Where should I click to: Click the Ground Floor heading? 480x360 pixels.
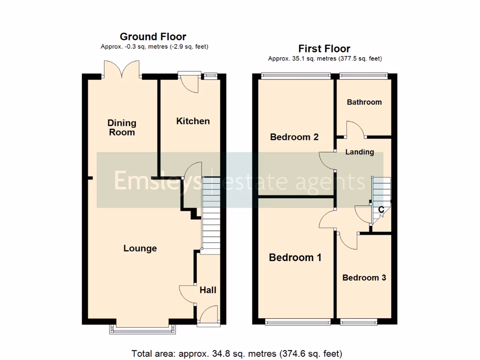pos(153,37)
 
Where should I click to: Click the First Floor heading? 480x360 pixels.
pos(324,48)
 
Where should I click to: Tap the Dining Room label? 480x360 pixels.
pos(122,127)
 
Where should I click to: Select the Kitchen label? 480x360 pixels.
pos(193,121)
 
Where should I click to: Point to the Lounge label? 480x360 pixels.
pos(140,248)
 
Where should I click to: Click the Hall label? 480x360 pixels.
pos(208,290)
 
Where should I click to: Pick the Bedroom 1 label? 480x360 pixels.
pos(295,257)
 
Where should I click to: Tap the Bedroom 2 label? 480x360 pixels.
pos(294,137)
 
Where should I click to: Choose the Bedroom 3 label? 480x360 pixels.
pos(364,277)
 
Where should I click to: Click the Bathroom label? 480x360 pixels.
pos(364,102)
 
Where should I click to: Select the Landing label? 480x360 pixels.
pos(360,152)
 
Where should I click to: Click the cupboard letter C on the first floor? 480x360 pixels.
pos(381,210)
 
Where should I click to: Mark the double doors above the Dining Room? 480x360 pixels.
pos(122,69)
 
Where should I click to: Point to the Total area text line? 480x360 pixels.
pos(237,353)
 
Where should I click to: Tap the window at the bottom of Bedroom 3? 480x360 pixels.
pos(358,322)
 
